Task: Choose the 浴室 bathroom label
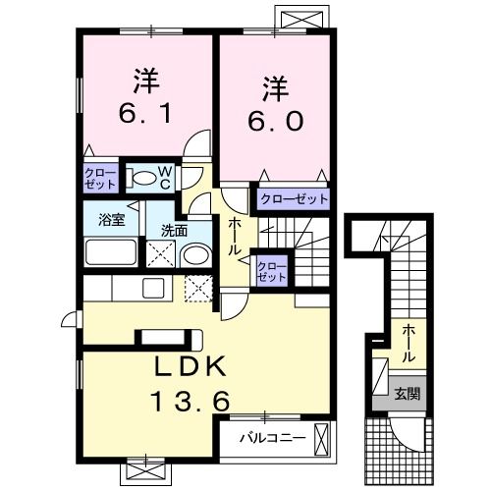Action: coord(110,219)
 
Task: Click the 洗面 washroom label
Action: coord(175,232)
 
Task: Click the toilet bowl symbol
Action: coord(144,179)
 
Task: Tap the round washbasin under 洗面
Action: coord(194,257)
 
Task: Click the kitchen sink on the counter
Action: coord(152,289)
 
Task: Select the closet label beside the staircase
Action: coord(271,270)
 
